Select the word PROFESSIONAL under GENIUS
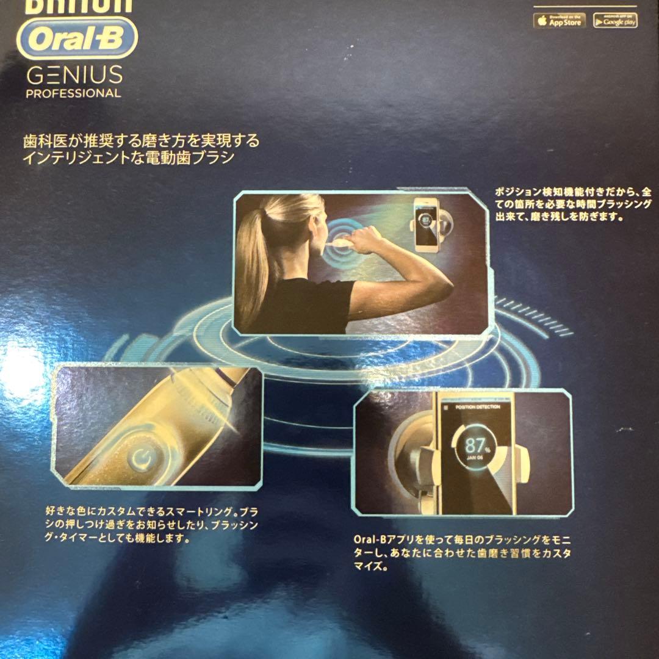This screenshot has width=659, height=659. (73, 94)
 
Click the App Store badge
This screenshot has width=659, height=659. (559, 20)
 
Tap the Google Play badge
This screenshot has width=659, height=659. (615, 21)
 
